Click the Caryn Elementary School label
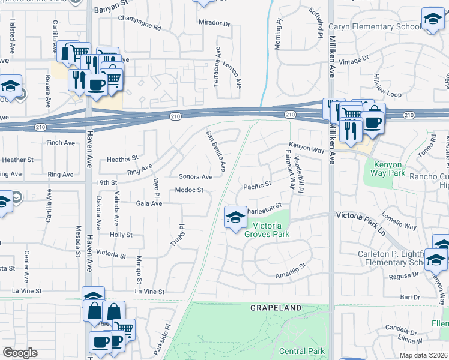[x=383, y=27]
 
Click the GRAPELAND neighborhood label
[x=276, y=308]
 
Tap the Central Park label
[x=302, y=351]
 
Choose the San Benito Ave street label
[x=216, y=149]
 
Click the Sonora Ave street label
[x=196, y=177]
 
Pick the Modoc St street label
[x=190, y=190]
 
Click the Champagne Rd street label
[x=140, y=28]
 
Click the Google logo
[x=20, y=353]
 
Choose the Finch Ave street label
[x=61, y=143]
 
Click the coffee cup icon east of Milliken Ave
[x=372, y=122]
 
